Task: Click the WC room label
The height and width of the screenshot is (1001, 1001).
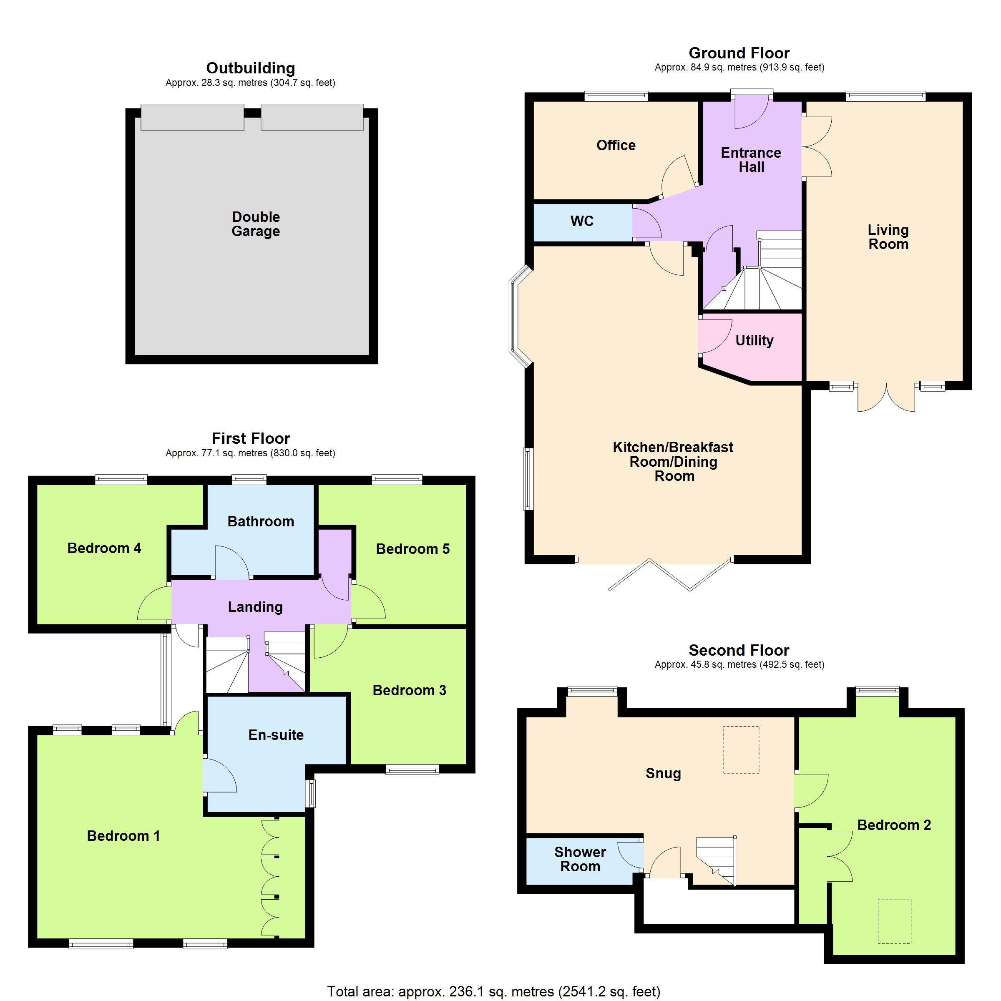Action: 582,221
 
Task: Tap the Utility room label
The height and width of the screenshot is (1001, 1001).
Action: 755,340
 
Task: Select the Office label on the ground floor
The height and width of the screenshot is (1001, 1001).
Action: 616,145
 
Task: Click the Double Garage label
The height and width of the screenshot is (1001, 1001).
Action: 256,224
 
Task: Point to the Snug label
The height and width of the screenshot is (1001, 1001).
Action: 663,774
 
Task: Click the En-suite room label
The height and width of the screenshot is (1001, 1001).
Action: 276,734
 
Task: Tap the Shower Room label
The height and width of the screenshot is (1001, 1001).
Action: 580,859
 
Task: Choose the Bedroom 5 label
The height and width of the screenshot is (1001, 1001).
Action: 413,549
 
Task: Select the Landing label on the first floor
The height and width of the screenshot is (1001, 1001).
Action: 255,607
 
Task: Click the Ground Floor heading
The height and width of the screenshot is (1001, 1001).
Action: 739,53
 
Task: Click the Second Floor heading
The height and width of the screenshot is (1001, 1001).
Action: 739,650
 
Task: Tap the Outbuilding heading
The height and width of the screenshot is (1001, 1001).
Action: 251,68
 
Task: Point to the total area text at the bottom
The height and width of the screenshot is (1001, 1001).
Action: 494,991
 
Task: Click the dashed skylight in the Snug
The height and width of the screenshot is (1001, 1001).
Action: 742,750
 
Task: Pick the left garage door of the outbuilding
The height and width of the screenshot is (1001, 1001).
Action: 192,117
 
